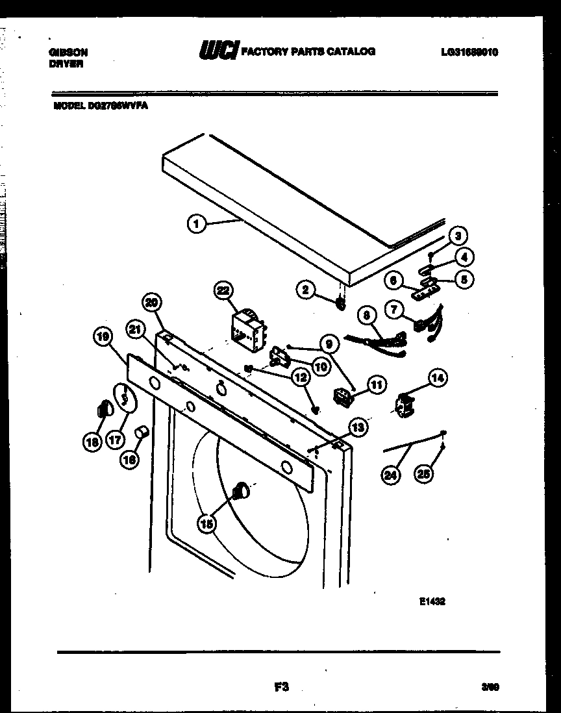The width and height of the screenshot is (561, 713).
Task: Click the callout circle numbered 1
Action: (197, 224)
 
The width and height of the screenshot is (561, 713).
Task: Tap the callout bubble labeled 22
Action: (225, 292)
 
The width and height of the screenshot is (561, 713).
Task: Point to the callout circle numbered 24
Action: (390, 475)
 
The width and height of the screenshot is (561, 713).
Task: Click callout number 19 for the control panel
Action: (103, 336)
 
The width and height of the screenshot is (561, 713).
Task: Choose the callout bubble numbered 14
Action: (438, 377)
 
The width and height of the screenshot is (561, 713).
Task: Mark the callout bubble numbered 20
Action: (151, 302)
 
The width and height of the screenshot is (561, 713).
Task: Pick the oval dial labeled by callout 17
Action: (125, 397)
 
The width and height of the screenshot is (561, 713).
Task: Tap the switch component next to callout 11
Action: (342, 396)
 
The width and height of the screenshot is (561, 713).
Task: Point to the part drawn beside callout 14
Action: (405, 404)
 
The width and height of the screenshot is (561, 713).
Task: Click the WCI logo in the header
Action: (218, 51)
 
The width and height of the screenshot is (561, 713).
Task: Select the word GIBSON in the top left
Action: (69, 52)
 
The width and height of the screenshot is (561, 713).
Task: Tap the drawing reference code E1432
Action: (432, 602)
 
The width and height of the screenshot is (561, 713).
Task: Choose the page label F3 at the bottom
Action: (280, 686)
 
